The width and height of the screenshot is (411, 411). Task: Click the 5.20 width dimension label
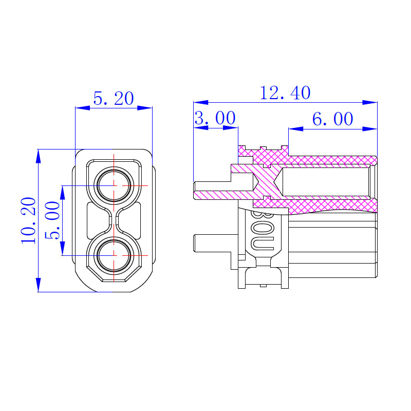pos(114,99)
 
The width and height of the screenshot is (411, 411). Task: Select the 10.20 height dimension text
pos(29,221)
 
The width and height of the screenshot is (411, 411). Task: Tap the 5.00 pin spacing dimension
pos(52,220)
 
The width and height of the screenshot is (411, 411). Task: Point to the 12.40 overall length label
pos(285,93)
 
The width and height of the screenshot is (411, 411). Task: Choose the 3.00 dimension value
pos(215,118)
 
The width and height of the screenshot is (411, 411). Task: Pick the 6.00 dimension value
pos(332,119)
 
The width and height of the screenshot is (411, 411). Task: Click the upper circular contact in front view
pos(114,185)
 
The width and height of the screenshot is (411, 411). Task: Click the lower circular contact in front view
pos(114,255)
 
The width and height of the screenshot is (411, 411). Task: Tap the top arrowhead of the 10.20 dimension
pos(39,156)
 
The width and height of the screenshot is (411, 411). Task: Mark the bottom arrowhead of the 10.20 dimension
pos(39,285)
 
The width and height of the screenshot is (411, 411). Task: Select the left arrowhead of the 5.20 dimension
pos(83,108)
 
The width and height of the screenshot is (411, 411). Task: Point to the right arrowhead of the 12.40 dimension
pos(370,102)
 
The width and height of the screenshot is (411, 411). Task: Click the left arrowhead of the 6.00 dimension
pos(296,129)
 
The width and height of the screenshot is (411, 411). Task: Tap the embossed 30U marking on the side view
pos(263,231)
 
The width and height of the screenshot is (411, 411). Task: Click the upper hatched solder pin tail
pos(223,191)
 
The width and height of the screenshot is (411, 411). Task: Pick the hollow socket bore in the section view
pos(326,182)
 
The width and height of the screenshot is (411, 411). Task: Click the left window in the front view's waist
pos(97,220)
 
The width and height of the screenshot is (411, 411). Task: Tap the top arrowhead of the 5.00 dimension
pos(62,193)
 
